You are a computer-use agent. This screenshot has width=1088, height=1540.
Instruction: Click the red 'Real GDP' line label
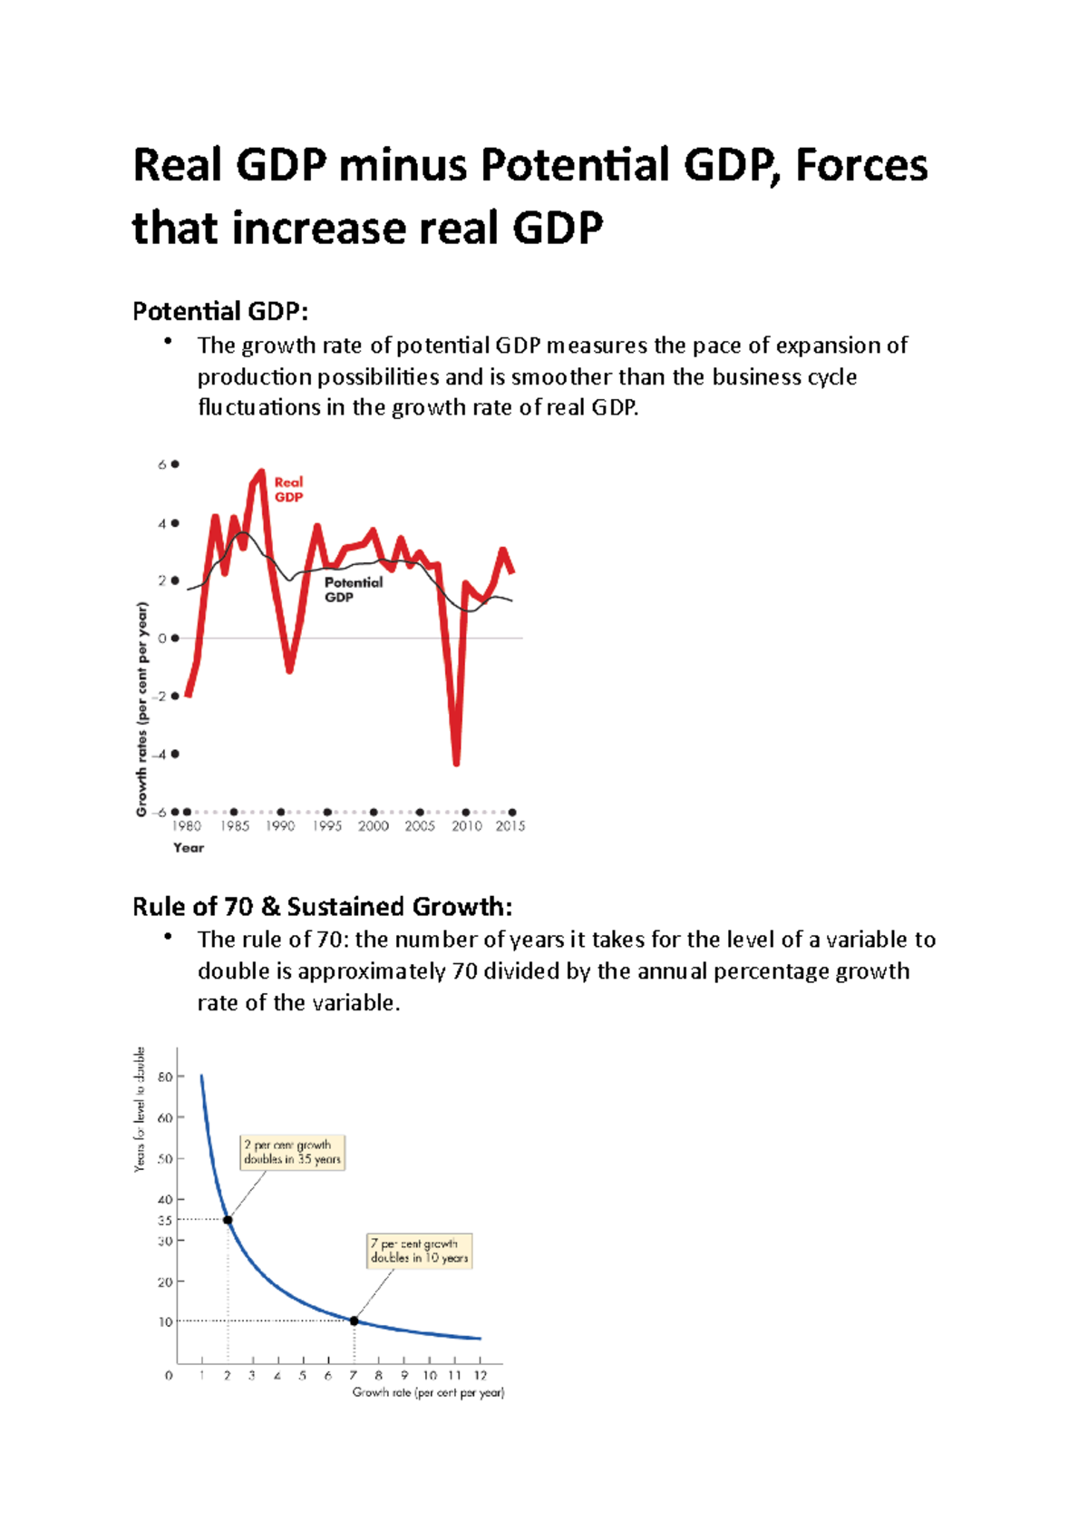coord(288,490)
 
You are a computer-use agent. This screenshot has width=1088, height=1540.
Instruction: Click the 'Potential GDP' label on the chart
coord(353,590)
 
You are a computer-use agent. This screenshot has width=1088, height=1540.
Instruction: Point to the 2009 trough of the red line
coord(456,763)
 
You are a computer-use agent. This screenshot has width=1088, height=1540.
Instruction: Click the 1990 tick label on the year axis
coord(280,826)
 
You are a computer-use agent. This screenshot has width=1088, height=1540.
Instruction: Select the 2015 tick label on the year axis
coord(510,826)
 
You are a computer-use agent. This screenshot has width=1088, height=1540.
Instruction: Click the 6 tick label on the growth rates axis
coord(162,464)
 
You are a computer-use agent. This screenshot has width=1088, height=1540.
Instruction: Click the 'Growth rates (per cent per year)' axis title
coord(141,709)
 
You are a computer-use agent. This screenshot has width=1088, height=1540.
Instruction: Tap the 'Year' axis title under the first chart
coord(189,848)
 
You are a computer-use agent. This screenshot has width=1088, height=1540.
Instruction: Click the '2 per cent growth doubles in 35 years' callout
coord(292,1152)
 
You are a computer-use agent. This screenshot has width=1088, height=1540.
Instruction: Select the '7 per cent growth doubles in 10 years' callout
coord(419,1251)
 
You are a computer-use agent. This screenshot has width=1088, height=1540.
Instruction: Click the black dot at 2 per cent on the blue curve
coord(228,1220)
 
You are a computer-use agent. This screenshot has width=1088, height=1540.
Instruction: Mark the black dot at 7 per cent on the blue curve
coord(355,1321)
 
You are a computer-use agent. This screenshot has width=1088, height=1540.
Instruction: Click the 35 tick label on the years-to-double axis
coord(165,1221)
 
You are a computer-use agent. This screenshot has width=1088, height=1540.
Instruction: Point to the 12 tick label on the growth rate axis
coord(481,1376)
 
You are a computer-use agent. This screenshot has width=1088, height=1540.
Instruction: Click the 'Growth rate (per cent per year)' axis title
coord(428,1393)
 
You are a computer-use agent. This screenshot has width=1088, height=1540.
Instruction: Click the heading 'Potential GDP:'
coord(220,312)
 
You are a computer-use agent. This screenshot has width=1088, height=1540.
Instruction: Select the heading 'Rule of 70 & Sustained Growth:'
coord(323,907)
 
